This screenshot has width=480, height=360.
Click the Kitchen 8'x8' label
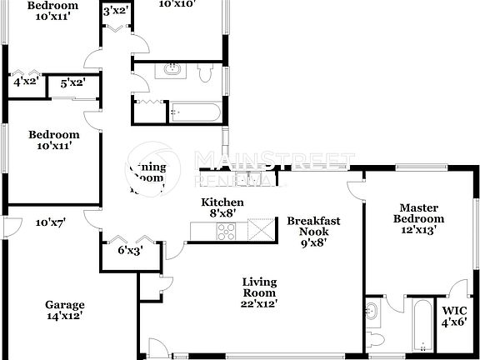coord(222,207)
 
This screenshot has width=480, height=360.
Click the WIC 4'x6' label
coord(454,316)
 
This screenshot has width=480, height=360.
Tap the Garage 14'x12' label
coord(64,311)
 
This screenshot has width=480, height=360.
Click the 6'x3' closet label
coord(131,249)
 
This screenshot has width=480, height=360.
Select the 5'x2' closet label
coord(73,83)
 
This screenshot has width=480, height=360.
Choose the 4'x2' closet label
coord(24,82)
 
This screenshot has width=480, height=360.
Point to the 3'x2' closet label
coord(115,11)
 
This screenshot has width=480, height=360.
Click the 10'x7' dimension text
coord(50,222)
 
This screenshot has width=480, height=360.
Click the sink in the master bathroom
coord(372,312)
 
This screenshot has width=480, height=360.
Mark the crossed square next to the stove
coord(261,228)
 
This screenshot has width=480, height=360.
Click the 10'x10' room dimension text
coord(177,4)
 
